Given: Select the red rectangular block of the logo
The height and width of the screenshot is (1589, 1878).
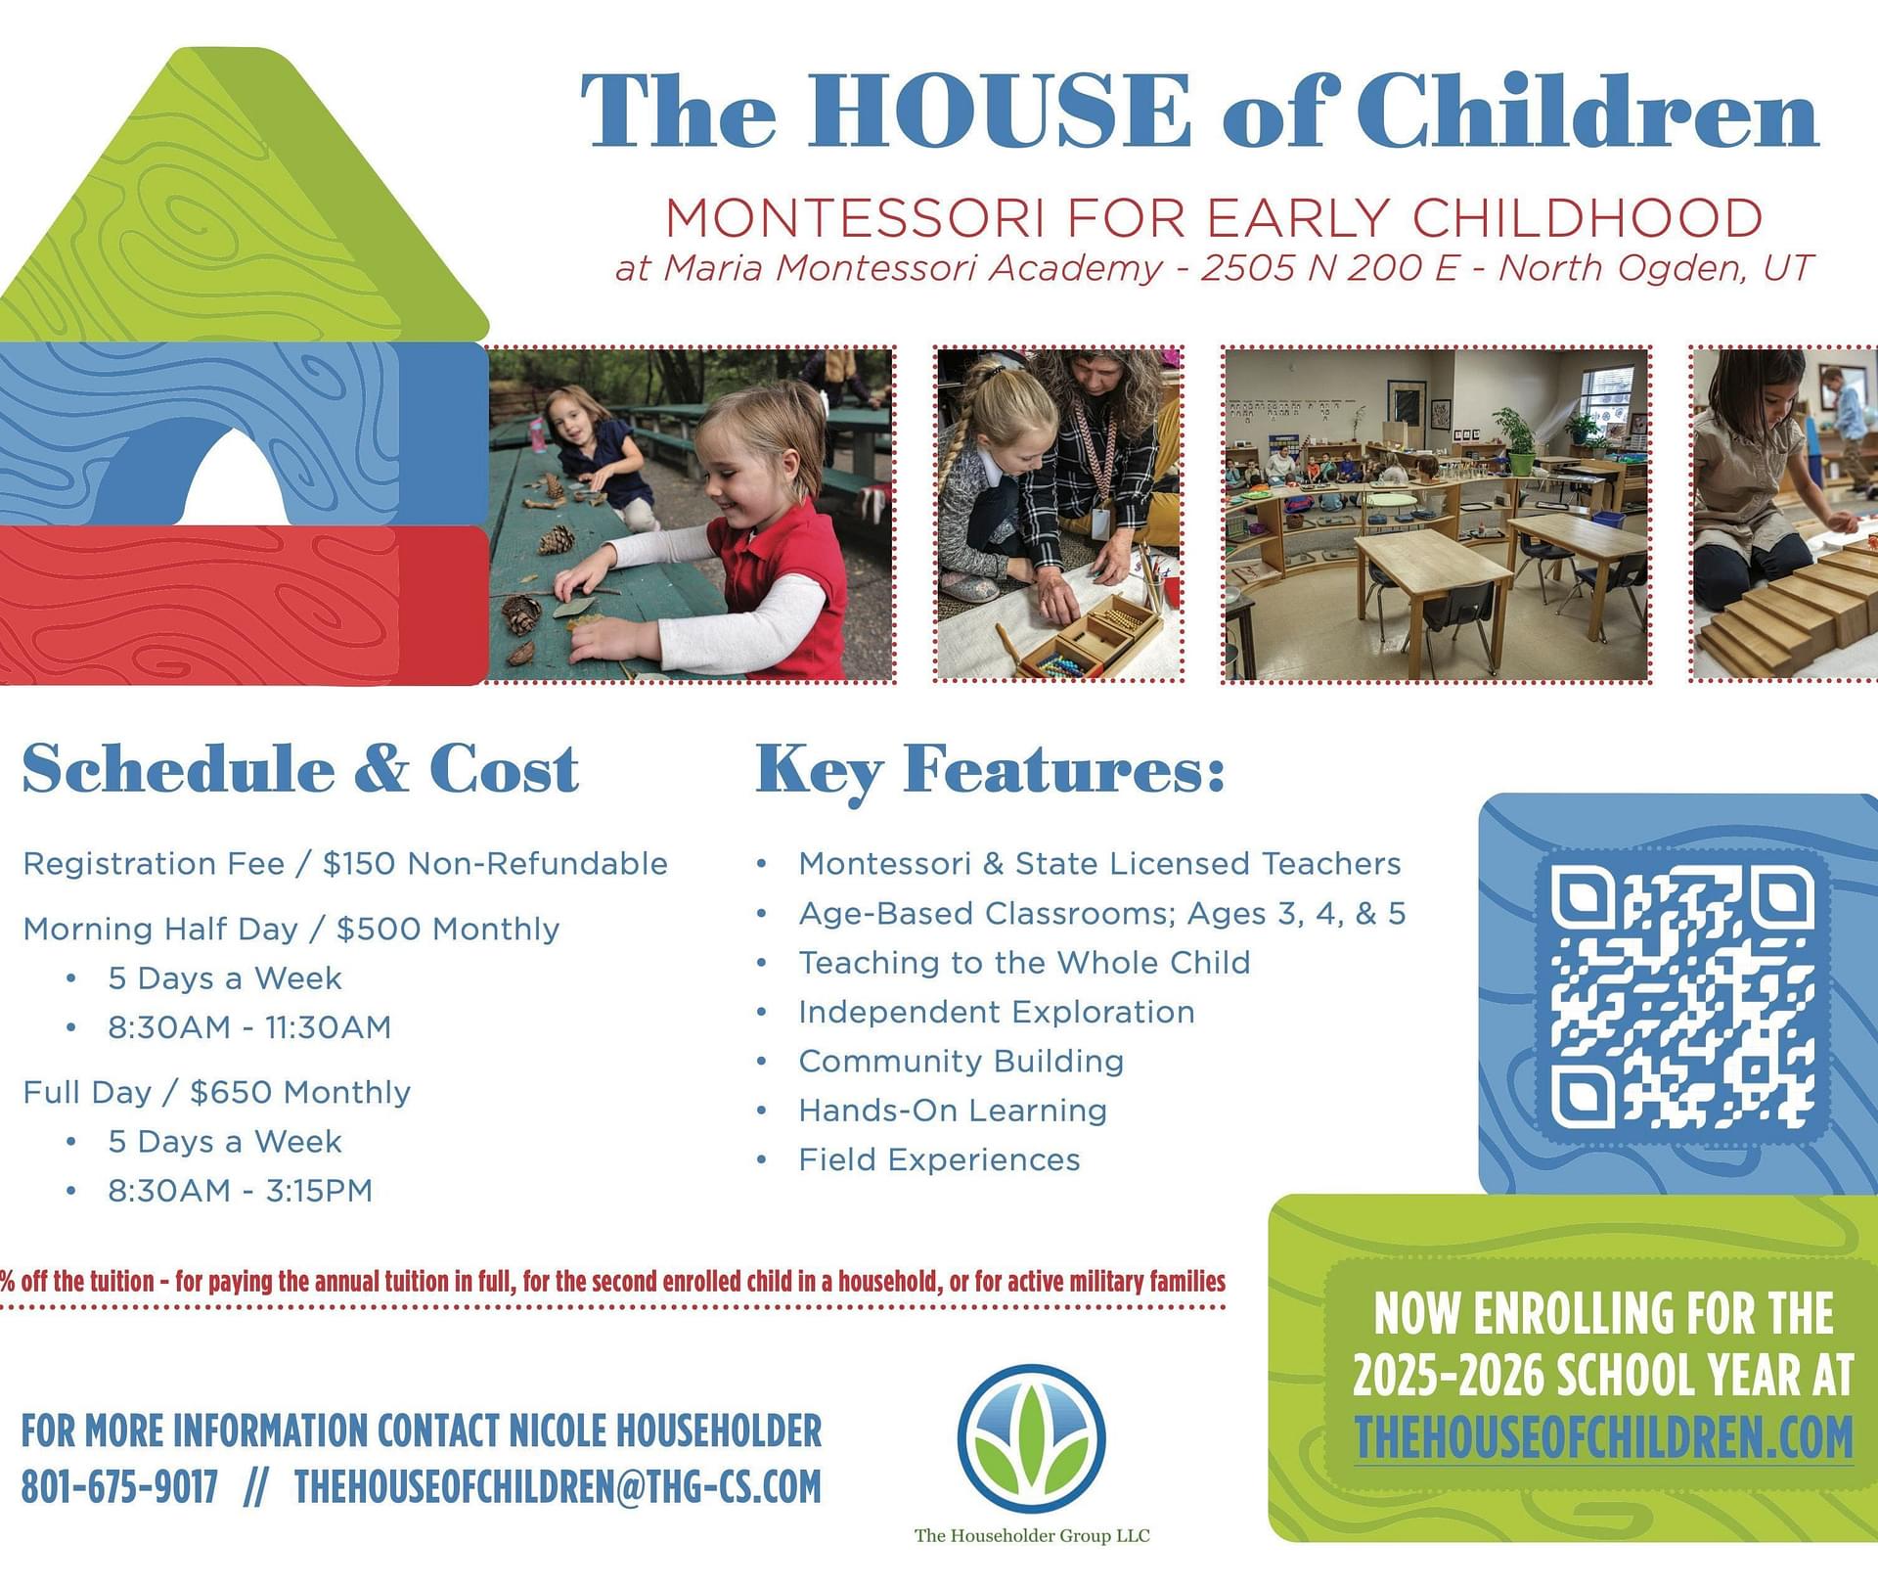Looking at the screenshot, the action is click(244, 605).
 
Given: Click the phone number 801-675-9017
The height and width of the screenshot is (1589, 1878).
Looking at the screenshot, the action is click(119, 1486).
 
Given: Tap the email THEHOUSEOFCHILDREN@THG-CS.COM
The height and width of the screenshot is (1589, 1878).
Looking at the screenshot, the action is click(558, 1486).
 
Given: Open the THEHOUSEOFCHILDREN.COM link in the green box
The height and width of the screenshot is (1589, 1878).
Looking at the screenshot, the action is click(1603, 1437).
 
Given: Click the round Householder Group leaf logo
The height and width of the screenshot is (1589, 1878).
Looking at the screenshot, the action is click(1031, 1439).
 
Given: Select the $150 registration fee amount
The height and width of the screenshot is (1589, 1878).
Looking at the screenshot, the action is click(359, 864).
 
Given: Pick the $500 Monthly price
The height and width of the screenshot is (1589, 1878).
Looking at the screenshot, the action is click(448, 929).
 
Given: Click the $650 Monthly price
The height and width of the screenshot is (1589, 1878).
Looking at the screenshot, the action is click(300, 1092).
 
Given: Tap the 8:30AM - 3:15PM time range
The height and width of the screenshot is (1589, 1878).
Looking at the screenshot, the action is click(241, 1191).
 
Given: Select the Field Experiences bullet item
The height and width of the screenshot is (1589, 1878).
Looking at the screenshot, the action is click(939, 1160).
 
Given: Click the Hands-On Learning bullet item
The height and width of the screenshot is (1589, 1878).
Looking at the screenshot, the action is click(953, 1111).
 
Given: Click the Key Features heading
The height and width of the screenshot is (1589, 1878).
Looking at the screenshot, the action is click(990, 771).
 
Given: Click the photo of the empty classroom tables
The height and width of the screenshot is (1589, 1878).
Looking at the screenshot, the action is click(1436, 514).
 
